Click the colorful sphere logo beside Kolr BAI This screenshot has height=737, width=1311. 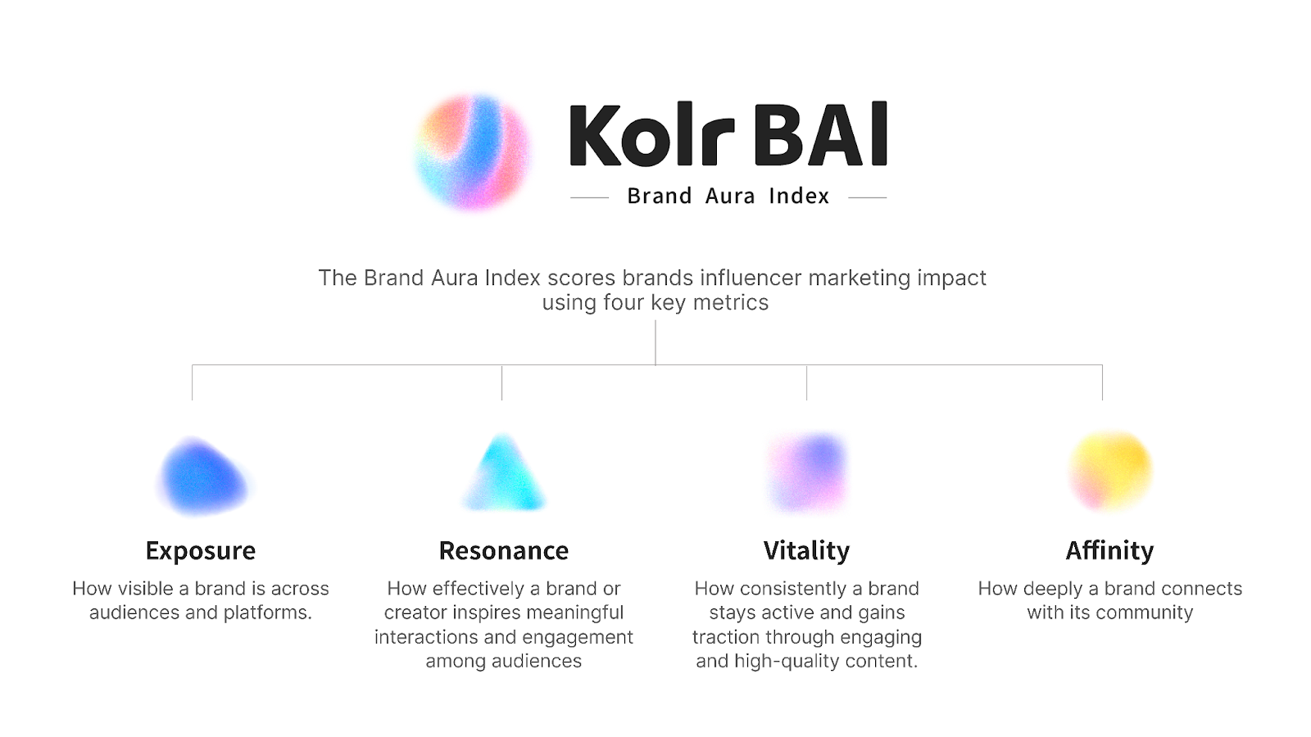(x=473, y=152)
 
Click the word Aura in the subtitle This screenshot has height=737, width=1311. (x=730, y=197)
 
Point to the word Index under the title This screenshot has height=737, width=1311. (x=799, y=197)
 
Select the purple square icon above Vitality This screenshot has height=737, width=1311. (x=807, y=472)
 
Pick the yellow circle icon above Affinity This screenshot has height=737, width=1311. (x=1111, y=471)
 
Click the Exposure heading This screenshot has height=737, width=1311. (x=201, y=550)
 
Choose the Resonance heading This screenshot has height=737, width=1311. (x=504, y=550)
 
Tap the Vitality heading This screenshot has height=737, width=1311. (x=807, y=550)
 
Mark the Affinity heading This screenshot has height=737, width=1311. (x=1110, y=550)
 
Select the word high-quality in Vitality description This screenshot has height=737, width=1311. (x=791, y=662)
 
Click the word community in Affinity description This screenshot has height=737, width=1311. (x=1145, y=613)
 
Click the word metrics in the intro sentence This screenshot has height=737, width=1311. (x=731, y=303)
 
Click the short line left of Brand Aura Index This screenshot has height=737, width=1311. (x=589, y=197)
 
